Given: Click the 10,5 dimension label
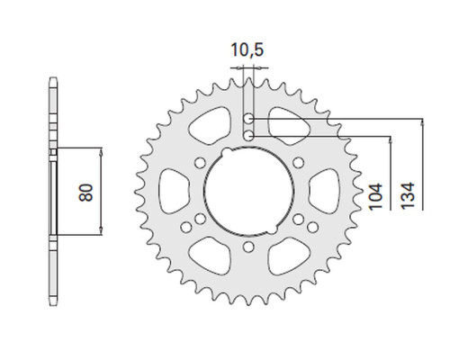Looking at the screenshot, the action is pos(247,49).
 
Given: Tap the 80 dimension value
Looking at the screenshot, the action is pos(86,193).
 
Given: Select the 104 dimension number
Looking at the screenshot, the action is pos(376,196).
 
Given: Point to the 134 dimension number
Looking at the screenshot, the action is pos(408,195).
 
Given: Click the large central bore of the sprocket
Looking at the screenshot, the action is pos(248,191).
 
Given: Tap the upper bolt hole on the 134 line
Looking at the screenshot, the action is pos(248,119).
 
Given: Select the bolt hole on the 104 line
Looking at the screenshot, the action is pos(248,136).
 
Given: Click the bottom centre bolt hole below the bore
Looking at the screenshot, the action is pos(248,247).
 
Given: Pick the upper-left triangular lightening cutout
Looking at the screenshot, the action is pos(211,126).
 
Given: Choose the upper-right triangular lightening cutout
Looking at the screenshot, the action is pos(288,126).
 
